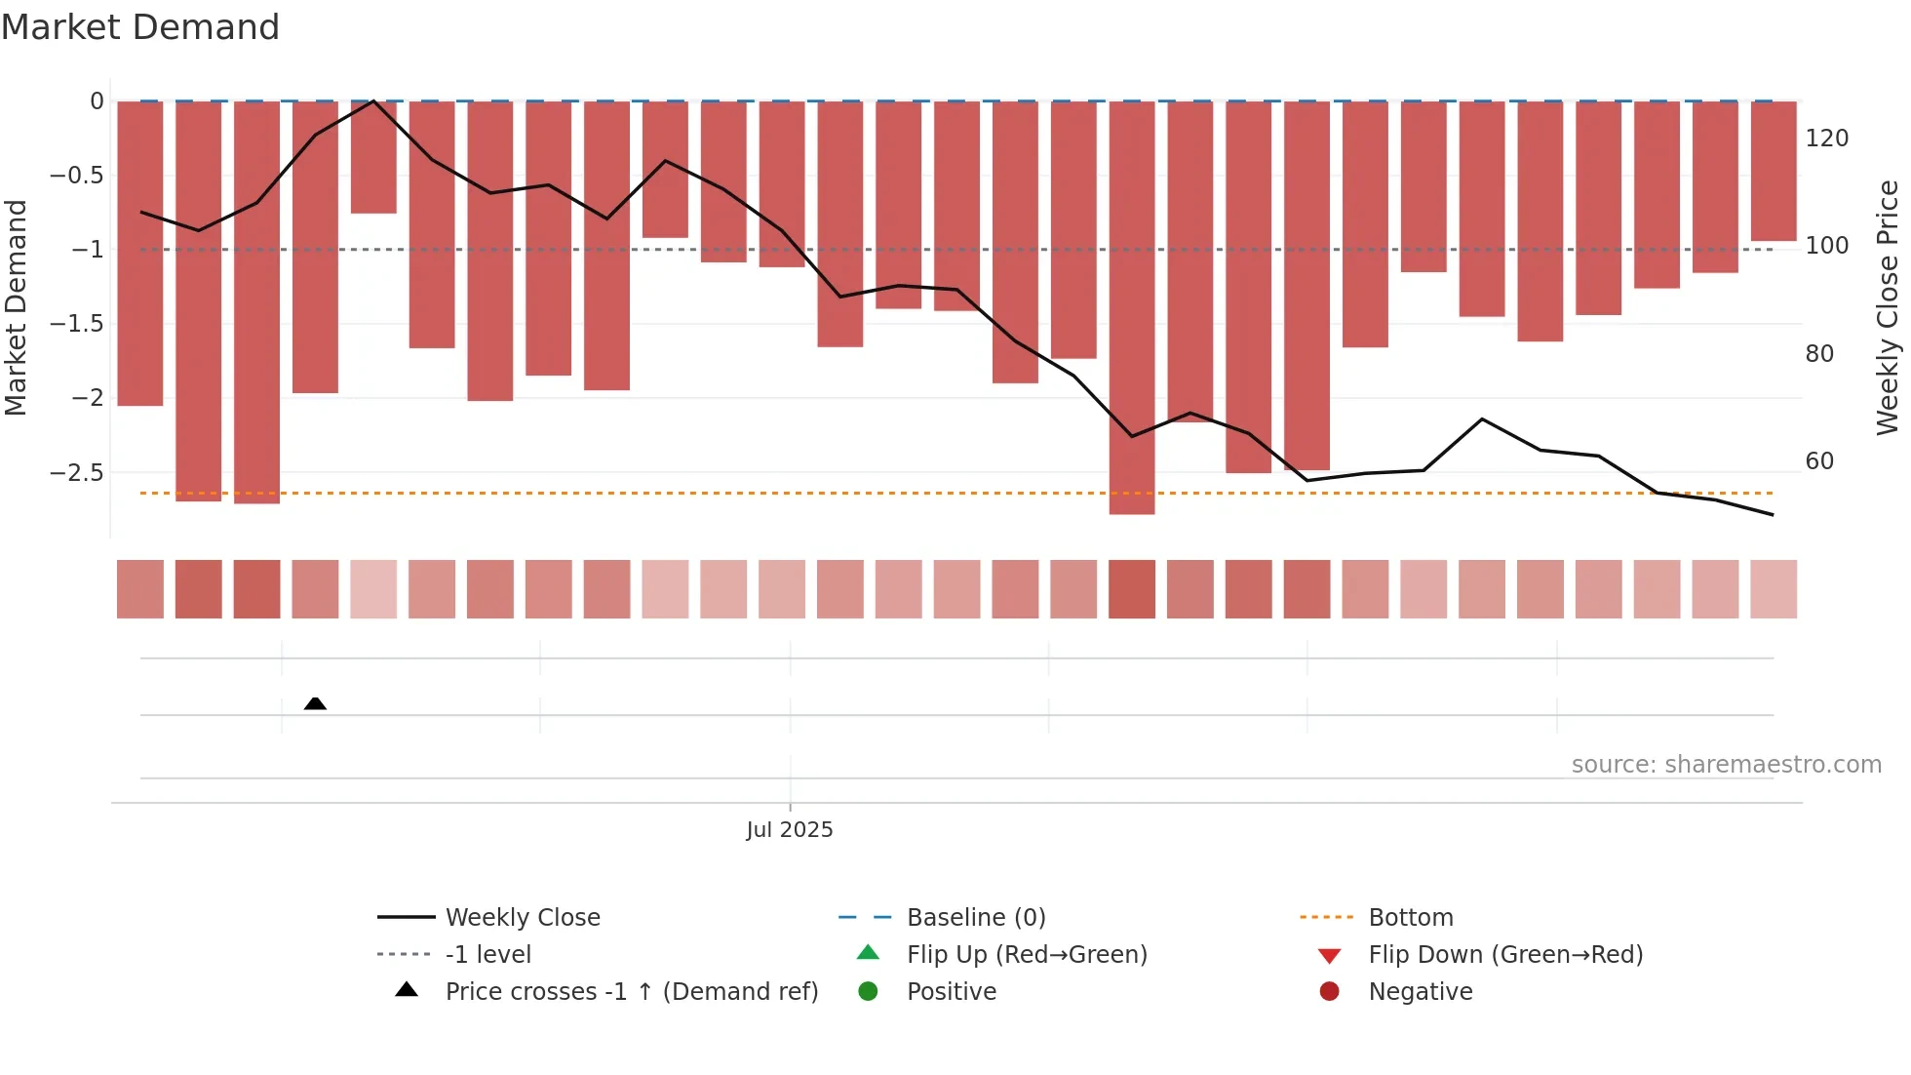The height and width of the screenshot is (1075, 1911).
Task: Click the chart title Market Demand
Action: coord(140,27)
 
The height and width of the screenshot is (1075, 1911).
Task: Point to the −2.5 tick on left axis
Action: coord(77,473)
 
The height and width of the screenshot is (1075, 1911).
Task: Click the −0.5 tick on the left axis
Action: coord(77,176)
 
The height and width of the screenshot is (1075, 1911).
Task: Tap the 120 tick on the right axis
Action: coord(1826,139)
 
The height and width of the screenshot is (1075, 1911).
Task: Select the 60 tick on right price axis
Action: coord(1819,461)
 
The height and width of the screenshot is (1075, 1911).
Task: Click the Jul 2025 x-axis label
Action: coord(790,830)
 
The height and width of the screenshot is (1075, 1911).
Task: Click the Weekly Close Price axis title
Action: coord(1888,307)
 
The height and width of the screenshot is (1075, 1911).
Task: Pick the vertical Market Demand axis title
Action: coord(17,307)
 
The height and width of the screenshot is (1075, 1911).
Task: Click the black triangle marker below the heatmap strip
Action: coord(315,703)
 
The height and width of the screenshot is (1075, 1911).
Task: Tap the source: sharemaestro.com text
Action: coord(1726,765)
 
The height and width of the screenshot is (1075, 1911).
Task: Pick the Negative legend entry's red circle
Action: coord(1329,992)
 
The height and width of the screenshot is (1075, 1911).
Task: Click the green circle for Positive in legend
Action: coord(868,992)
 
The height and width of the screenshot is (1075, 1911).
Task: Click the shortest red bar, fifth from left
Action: coord(373,157)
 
